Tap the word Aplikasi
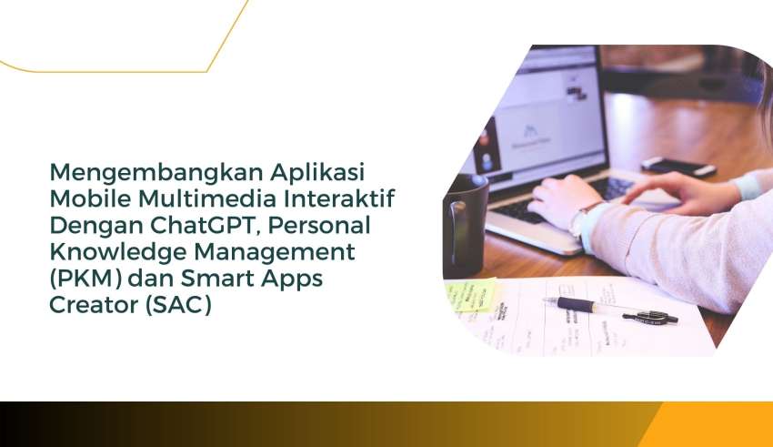coord(318,173)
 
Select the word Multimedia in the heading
coord(207,198)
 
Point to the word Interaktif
coord(339,198)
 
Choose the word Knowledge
coord(118,252)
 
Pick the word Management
coord(274,251)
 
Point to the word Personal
coord(319,226)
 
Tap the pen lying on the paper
coord(610,310)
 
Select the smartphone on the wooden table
coord(678,167)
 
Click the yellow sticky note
coord(470,295)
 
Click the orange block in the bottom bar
coord(711,424)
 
